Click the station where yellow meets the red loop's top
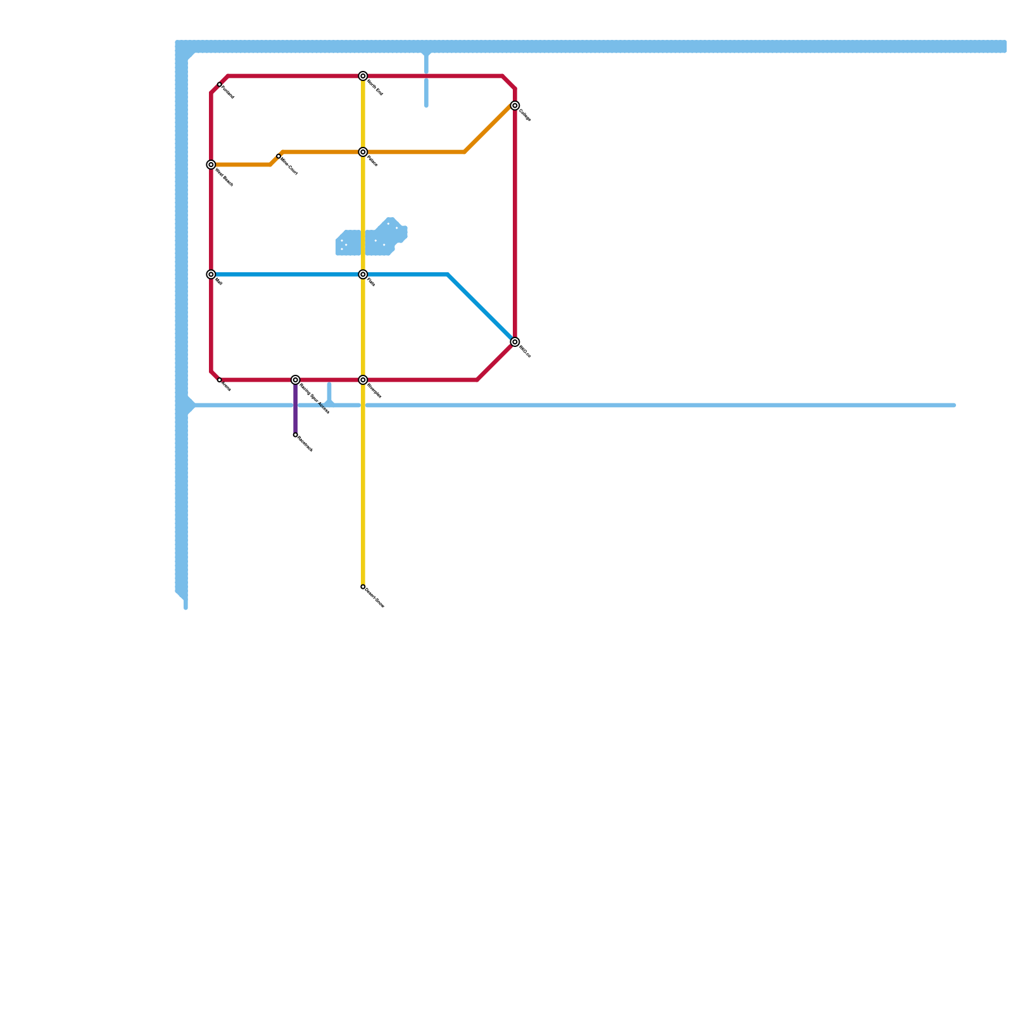coord(363,76)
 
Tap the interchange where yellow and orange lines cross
coord(363,152)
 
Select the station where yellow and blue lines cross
coord(363,275)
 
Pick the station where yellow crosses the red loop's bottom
coord(363,380)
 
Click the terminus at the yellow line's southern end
coord(363,587)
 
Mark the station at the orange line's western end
coord(211,165)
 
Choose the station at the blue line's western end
coord(211,275)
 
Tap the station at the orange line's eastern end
coord(515,106)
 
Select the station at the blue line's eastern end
coord(515,342)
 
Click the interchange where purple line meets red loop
coord(296,380)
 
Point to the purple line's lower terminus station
coord(296,435)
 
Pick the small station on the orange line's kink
coord(279,156)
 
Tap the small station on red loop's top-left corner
coord(220,84)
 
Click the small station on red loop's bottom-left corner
coord(220,380)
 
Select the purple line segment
coord(296,408)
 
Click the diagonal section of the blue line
coord(481,308)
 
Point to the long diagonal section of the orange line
coord(488,129)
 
